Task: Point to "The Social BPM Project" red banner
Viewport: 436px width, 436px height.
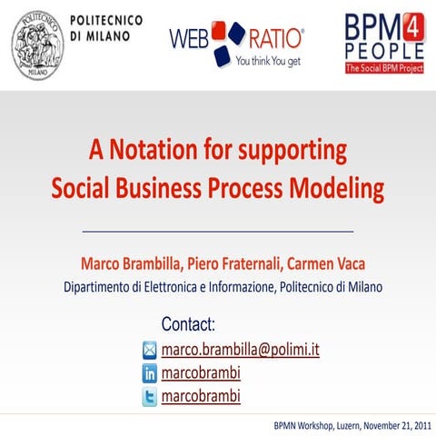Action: pos(384,68)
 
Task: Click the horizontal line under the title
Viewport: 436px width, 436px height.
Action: pos(217,232)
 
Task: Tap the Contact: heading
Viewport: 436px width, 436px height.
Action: pos(188,324)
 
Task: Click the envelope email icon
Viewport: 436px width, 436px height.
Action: pos(150,350)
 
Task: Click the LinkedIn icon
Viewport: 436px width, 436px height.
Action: pos(150,373)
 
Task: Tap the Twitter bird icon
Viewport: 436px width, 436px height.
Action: pos(150,397)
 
